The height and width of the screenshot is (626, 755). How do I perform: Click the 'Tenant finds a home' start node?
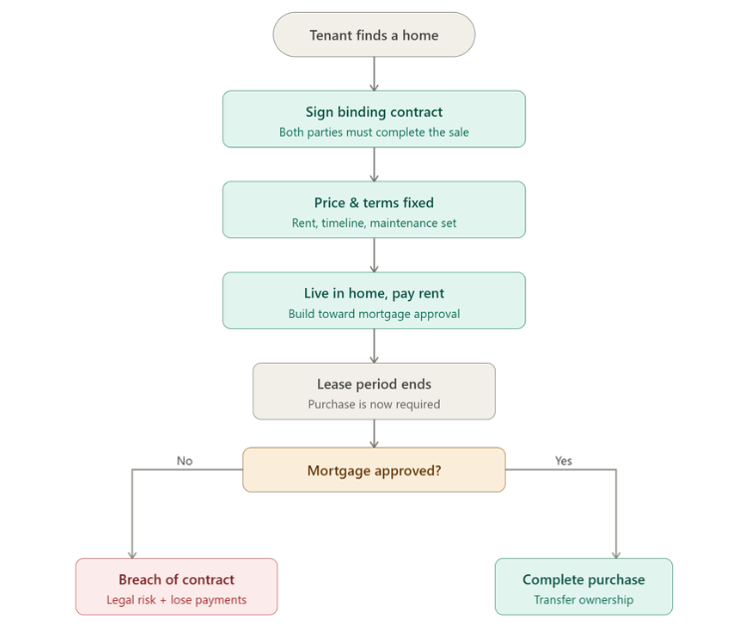[374, 35]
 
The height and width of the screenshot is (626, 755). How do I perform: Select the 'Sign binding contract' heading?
[374, 113]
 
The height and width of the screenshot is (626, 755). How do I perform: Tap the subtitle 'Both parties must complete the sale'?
[374, 133]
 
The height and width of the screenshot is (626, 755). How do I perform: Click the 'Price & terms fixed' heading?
[374, 202]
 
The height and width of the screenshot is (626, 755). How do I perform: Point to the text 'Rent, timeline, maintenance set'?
[374, 223]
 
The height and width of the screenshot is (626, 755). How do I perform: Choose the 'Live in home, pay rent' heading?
[374, 293]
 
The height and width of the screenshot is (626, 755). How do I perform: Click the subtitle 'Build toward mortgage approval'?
[374, 314]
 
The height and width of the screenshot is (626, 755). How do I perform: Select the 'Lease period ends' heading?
[374, 384]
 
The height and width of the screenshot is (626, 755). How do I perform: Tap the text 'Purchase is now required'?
[374, 405]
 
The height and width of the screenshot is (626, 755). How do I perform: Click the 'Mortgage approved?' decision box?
[374, 470]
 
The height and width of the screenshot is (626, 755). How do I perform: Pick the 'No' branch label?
[185, 461]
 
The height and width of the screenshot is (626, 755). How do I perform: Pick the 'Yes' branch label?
[564, 461]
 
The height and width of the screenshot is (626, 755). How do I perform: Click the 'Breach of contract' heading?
[177, 579]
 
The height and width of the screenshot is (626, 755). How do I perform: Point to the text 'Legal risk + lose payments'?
[177, 600]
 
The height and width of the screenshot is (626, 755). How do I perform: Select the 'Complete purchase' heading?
[583, 579]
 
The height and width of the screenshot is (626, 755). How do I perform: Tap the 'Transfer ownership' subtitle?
[583, 600]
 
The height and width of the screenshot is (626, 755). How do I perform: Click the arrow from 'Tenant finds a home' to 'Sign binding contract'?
[374, 73]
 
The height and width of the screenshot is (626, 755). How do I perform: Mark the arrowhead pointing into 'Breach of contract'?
[132, 553]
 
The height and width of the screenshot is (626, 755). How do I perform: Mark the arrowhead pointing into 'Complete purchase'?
[615, 553]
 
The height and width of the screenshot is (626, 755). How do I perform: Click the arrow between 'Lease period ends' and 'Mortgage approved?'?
[374, 433]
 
